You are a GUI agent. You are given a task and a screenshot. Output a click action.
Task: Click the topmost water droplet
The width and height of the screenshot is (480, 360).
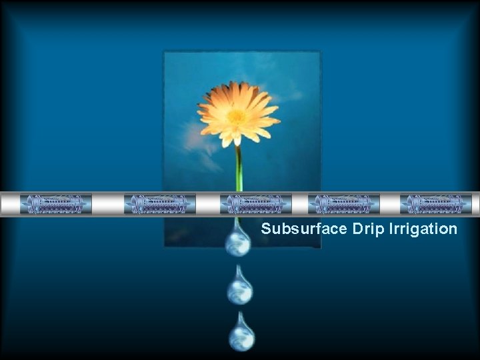[x=238, y=241]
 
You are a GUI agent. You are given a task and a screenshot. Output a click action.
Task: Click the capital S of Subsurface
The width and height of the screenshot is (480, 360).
[x=266, y=229]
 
